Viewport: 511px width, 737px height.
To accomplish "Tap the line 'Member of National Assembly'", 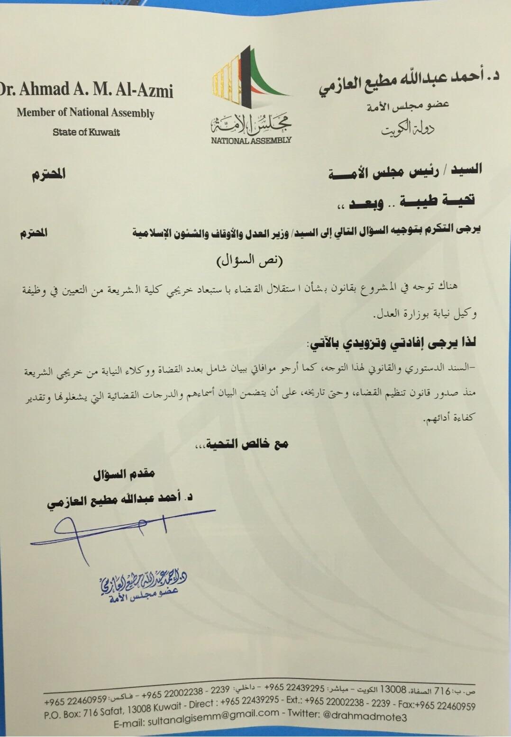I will tap(85, 113).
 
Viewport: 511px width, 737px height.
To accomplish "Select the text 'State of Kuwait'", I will tap(86, 132).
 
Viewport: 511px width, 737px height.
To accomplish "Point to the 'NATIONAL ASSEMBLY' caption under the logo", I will tap(251, 140).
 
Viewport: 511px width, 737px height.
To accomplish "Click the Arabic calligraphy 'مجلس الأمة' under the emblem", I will tap(251, 124).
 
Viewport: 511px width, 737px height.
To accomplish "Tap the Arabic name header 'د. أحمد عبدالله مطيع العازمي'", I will tap(409, 83).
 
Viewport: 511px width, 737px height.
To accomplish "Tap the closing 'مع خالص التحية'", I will tap(242, 444).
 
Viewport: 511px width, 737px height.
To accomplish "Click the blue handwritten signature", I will tap(119, 530).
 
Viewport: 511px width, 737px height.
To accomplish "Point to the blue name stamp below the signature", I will tap(142, 587).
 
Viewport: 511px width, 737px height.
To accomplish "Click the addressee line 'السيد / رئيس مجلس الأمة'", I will tap(405, 171).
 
